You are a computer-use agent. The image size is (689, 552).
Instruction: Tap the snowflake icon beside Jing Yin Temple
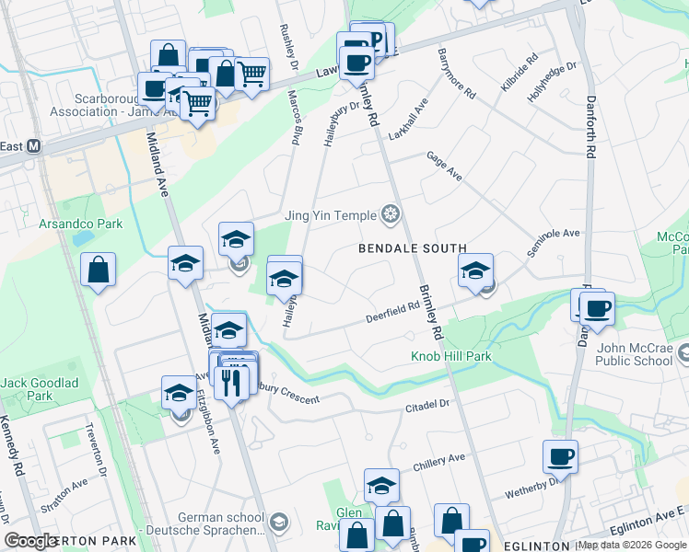(391, 215)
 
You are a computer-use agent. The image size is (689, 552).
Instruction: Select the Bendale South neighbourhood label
(412, 248)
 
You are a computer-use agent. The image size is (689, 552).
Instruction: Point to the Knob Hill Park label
(451, 356)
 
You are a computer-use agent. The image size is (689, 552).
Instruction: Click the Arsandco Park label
(80, 224)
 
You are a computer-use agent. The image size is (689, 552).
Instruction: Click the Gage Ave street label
(443, 167)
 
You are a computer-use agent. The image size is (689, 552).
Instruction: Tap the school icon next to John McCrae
(684, 352)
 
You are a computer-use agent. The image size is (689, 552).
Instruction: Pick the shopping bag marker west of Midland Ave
(98, 270)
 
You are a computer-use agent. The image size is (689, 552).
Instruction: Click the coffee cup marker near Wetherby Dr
(560, 455)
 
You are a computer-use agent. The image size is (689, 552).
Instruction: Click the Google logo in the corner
(31, 541)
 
